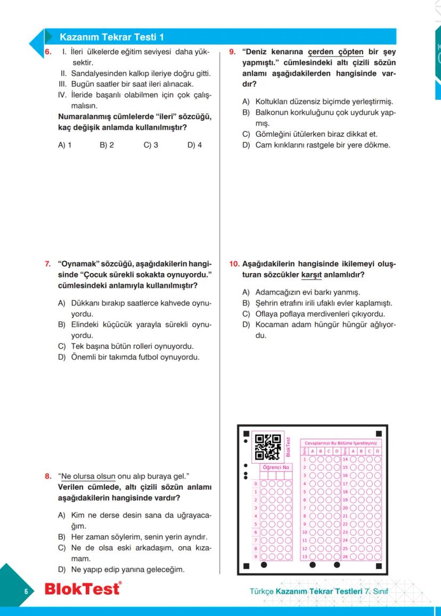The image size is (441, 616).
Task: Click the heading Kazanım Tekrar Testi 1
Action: click(x=112, y=37)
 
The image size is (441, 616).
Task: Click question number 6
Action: click(x=47, y=53)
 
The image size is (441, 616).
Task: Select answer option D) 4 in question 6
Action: click(x=194, y=144)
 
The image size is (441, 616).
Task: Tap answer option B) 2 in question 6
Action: click(x=107, y=144)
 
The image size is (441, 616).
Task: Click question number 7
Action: click(x=47, y=264)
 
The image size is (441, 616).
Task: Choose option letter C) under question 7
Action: click(x=62, y=346)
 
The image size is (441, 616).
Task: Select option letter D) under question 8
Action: click(x=62, y=570)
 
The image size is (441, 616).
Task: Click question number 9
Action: click(x=232, y=52)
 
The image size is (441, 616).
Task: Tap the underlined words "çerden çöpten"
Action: click(x=336, y=52)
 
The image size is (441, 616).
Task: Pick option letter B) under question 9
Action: click(x=246, y=113)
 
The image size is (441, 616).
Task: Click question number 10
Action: click(x=234, y=264)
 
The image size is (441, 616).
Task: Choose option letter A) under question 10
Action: click(x=246, y=292)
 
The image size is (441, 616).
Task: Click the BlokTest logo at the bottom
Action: click(x=83, y=589)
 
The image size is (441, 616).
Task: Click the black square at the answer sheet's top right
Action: click(x=379, y=434)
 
